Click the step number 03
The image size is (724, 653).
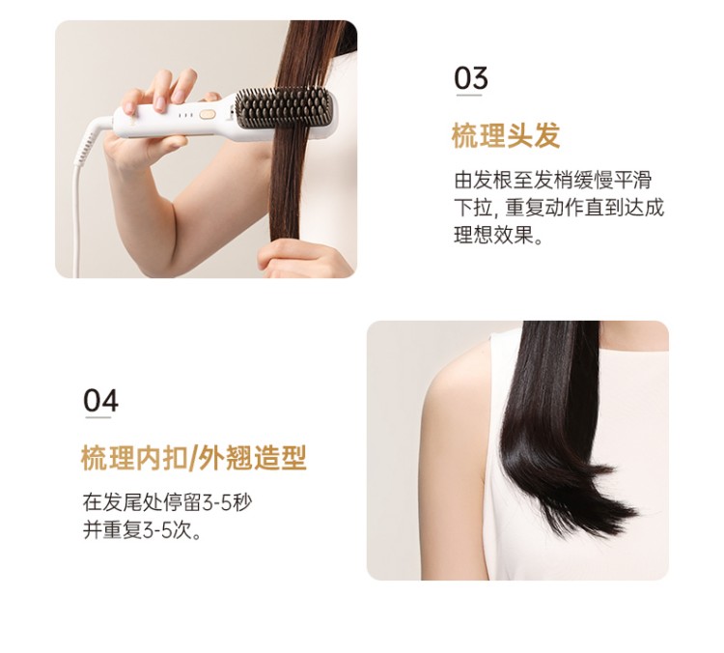coord(471,77)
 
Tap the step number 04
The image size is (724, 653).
coord(100,400)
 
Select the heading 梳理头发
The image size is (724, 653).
coord(506,135)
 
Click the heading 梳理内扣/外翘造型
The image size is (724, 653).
coord(193,458)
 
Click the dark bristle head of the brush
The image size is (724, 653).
coord(284,107)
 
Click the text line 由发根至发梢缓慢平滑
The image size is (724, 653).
coord(553,180)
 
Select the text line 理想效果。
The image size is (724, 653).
coord(499,235)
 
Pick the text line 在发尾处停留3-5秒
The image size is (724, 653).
coord(168,502)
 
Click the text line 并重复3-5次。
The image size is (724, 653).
coord(143,530)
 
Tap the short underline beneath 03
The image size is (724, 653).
coord(469,96)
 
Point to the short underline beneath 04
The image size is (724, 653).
coord(97,417)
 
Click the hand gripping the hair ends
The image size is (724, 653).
coord(302,259)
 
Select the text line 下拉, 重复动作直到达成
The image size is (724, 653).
coord(559,208)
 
